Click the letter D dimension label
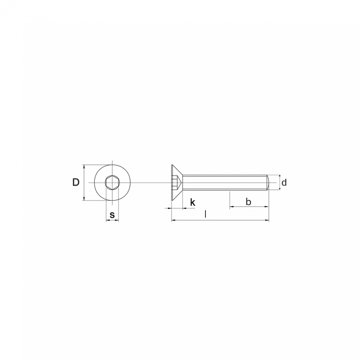76,183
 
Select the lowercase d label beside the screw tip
284,183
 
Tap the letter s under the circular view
112,215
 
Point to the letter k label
193,202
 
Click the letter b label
248,202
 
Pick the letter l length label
206,215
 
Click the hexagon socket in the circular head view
112,183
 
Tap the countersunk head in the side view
177,183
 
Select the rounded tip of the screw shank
268,183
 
